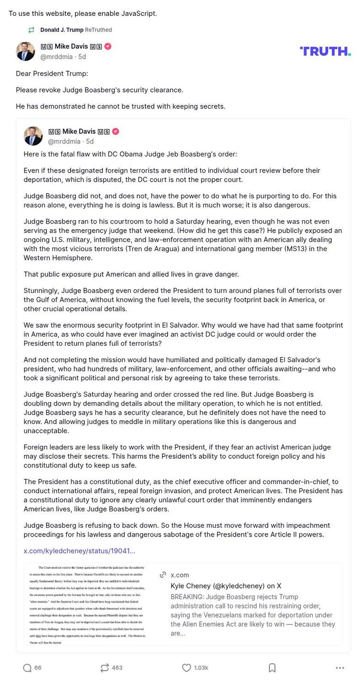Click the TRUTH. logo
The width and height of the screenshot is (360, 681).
point(325,51)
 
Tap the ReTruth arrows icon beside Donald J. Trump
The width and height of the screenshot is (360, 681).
point(31,30)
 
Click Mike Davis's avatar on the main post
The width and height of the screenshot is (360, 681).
point(25,51)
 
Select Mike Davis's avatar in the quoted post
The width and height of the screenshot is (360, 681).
point(33,136)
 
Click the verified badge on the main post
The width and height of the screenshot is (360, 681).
point(108,47)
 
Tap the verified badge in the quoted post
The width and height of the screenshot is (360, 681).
point(116,131)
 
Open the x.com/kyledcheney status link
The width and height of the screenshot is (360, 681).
point(79,551)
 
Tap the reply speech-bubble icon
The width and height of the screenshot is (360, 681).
point(27,668)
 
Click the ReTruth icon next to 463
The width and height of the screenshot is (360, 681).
point(105,668)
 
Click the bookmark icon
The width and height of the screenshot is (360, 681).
point(272,668)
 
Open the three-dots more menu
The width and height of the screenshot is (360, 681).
point(340,668)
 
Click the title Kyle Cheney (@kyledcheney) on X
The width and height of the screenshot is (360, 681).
point(225,586)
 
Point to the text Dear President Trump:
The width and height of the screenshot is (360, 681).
point(52,74)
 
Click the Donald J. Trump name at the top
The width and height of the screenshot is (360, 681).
point(61,30)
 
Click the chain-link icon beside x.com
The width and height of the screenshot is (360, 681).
point(163,575)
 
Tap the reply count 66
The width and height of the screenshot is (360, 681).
point(38,668)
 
